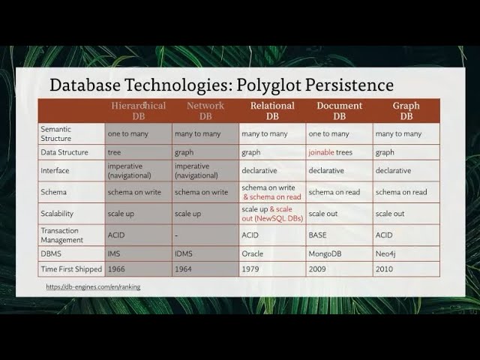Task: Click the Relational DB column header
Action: (272, 111)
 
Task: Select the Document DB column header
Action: (339, 111)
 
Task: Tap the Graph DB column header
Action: (406, 111)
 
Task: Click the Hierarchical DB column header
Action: (139, 111)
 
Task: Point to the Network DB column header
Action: (205, 111)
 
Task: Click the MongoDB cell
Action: (327, 253)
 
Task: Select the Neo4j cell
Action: (387, 253)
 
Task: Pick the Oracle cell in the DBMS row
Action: (253, 253)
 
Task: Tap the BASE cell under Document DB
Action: (319, 235)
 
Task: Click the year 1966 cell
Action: (116, 268)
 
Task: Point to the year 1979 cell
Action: (250, 268)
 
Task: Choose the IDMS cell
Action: (184, 253)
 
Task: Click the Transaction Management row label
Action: (64, 235)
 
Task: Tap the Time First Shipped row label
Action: (71, 268)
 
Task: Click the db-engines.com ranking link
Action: (93, 286)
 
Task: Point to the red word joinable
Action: (321, 152)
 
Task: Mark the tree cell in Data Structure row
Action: (115, 152)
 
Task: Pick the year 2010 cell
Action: (385, 268)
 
